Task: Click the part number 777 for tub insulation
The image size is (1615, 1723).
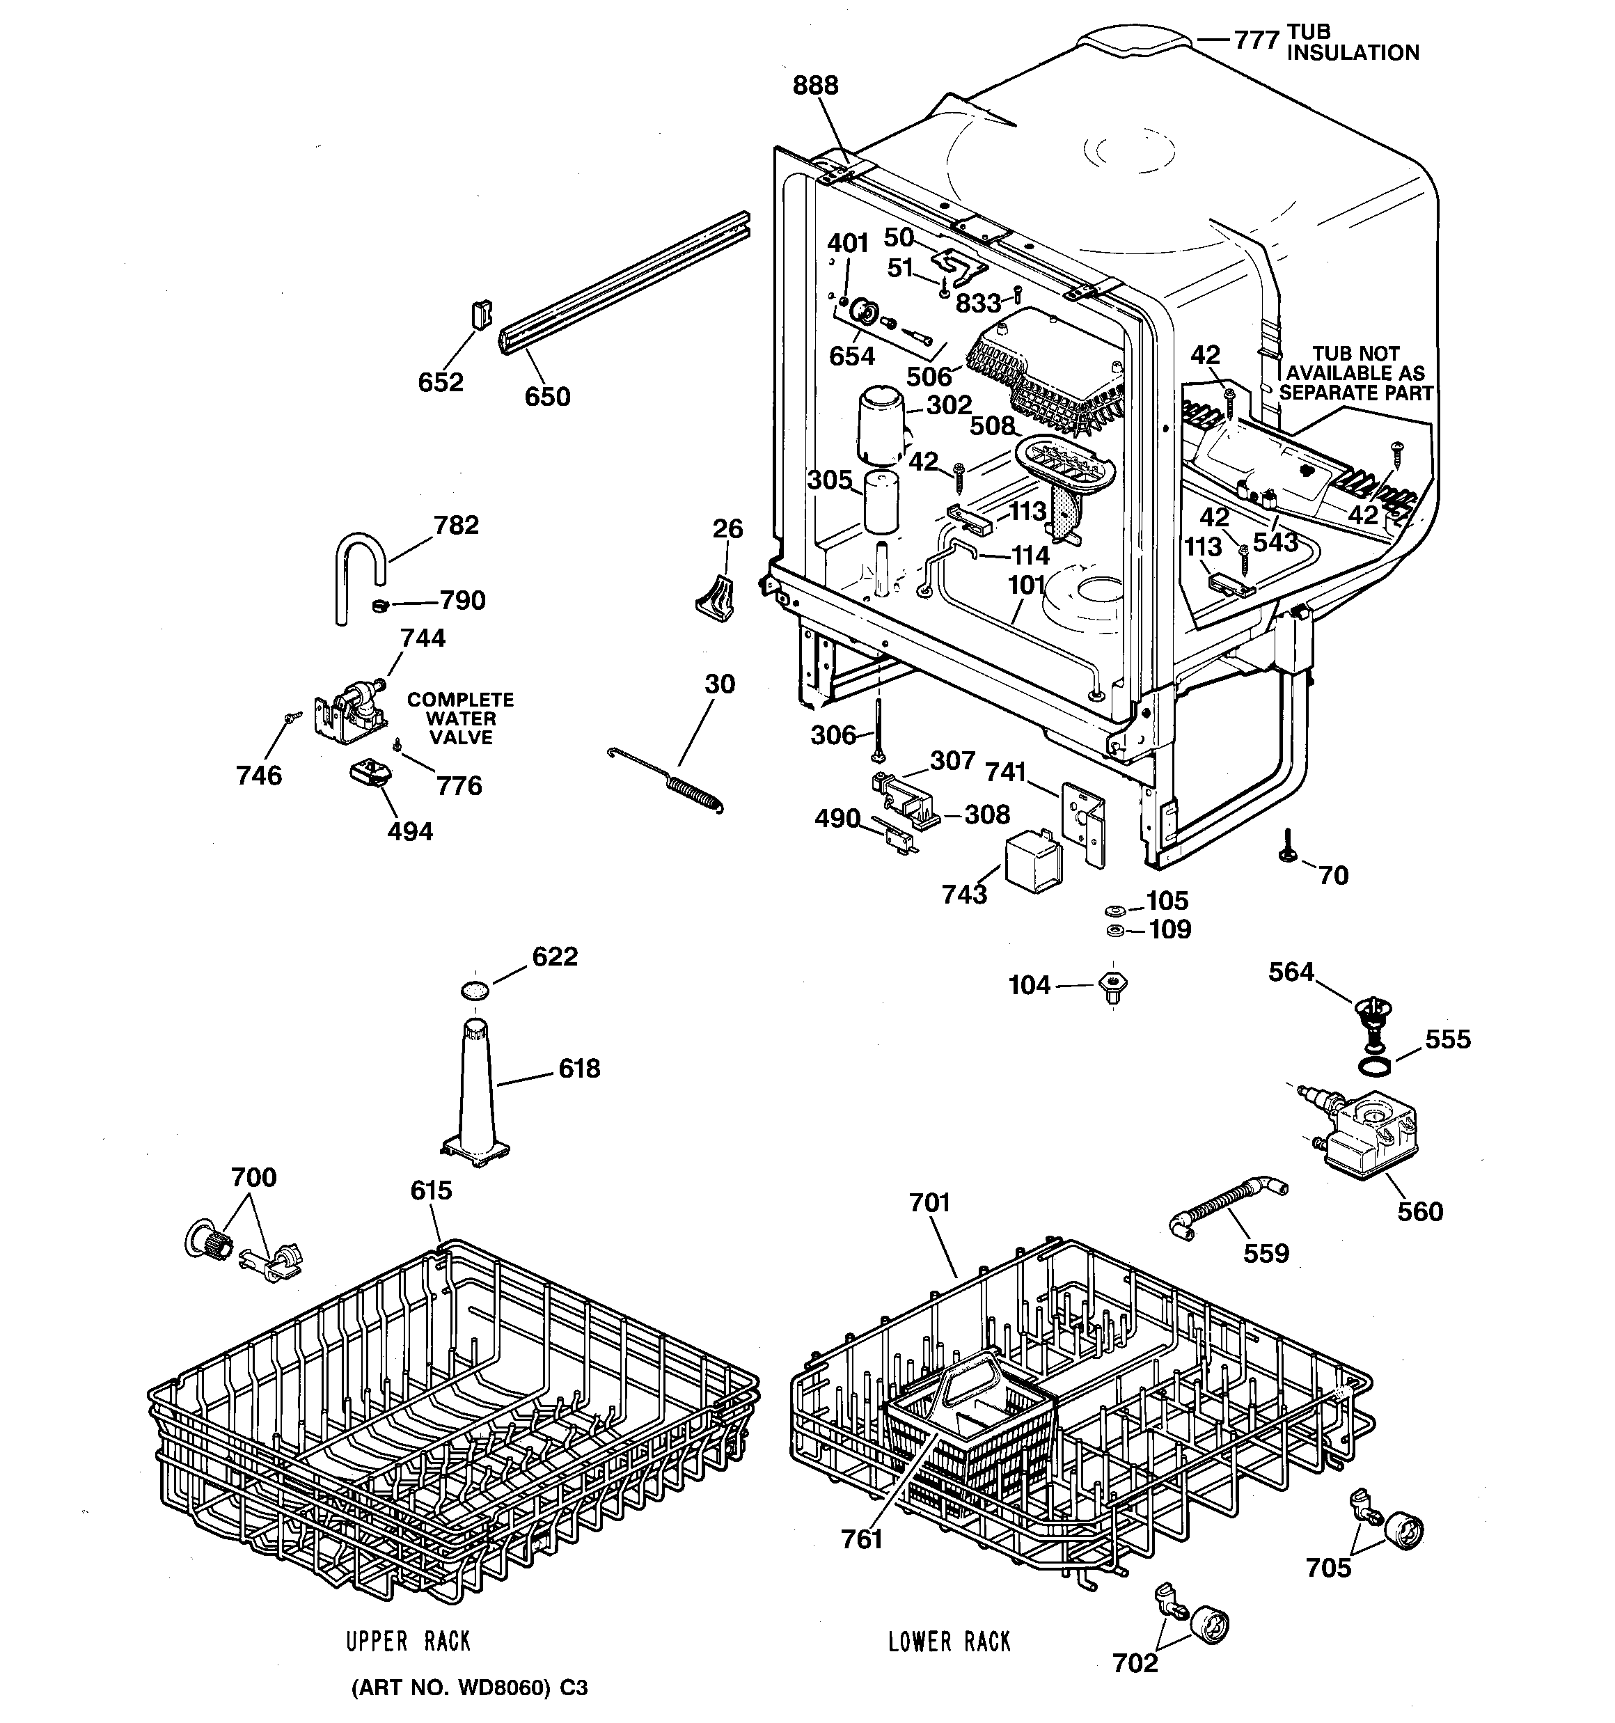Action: [x=1255, y=40]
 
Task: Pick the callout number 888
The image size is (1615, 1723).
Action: [x=815, y=85]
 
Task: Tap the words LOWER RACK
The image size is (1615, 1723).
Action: [x=950, y=1642]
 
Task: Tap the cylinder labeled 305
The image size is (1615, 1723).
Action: [x=881, y=503]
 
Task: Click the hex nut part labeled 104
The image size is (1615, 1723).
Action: [x=1113, y=986]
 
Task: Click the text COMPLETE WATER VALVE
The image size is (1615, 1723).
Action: [x=460, y=718]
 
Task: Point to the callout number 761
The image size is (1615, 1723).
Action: [x=862, y=1539]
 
